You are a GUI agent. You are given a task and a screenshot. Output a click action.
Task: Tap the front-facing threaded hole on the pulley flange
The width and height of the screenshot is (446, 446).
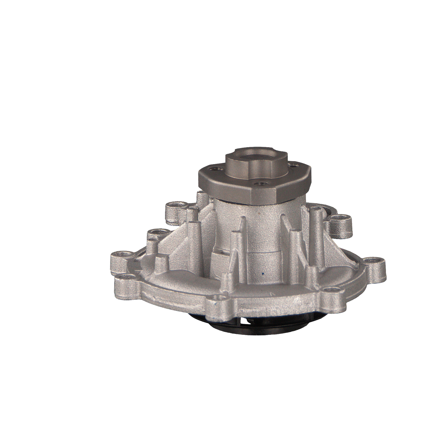[x=260, y=184]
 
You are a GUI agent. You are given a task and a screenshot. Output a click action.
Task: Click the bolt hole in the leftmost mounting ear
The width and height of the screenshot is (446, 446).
[x=122, y=255]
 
